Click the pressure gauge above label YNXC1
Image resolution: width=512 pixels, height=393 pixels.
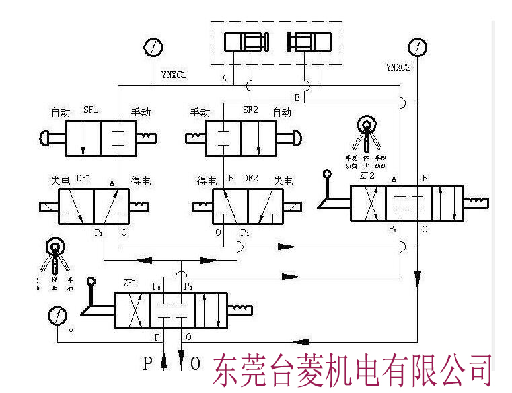(153, 48)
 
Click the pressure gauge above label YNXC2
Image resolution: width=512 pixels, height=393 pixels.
(418, 48)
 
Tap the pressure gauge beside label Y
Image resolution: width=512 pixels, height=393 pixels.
(58, 316)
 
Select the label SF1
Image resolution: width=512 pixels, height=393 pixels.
(91, 110)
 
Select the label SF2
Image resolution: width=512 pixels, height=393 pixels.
(250, 110)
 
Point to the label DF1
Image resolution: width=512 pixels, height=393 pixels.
(83, 179)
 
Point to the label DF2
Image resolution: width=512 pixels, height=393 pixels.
(250, 179)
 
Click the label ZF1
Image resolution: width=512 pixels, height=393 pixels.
(131, 284)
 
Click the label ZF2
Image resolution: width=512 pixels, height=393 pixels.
(367, 175)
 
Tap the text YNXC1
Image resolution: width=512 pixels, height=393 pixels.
(173, 75)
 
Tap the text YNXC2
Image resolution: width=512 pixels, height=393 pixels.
(398, 67)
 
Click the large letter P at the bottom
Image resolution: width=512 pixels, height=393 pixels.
(148, 365)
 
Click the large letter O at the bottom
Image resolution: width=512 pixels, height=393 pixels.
(195, 365)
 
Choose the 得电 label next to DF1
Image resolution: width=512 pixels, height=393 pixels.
(141, 180)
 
